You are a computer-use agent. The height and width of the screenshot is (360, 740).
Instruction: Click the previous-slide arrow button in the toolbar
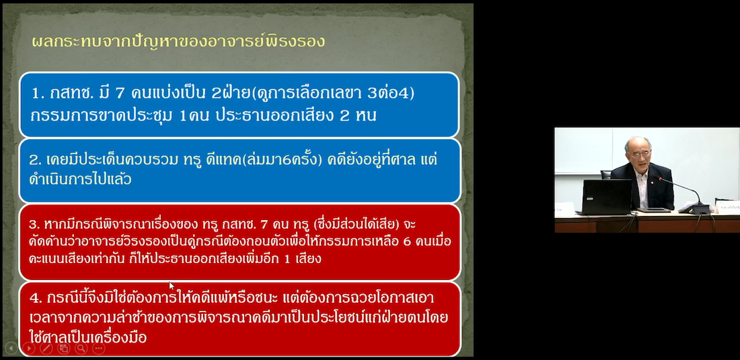[11, 349]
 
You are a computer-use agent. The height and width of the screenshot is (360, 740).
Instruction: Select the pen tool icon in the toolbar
[46, 349]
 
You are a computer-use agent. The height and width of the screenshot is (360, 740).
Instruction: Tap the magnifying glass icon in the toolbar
[81, 349]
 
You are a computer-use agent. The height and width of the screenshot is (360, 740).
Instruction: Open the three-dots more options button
[99, 349]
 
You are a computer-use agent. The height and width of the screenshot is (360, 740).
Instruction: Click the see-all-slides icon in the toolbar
[64, 349]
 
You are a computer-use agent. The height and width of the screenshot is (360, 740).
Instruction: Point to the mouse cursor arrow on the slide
[172, 286]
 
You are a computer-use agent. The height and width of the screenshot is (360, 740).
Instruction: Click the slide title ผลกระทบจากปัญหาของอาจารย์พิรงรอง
[178, 40]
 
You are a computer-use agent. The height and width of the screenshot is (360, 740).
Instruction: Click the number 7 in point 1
[120, 94]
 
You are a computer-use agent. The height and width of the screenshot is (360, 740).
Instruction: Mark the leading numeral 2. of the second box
[35, 160]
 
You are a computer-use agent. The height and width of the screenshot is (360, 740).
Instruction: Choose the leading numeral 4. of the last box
[36, 298]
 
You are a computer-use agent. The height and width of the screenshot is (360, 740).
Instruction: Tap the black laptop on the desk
[606, 196]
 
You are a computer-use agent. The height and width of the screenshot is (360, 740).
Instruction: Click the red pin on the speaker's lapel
[651, 179]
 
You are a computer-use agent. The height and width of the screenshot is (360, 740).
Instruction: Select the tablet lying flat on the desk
[654, 210]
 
